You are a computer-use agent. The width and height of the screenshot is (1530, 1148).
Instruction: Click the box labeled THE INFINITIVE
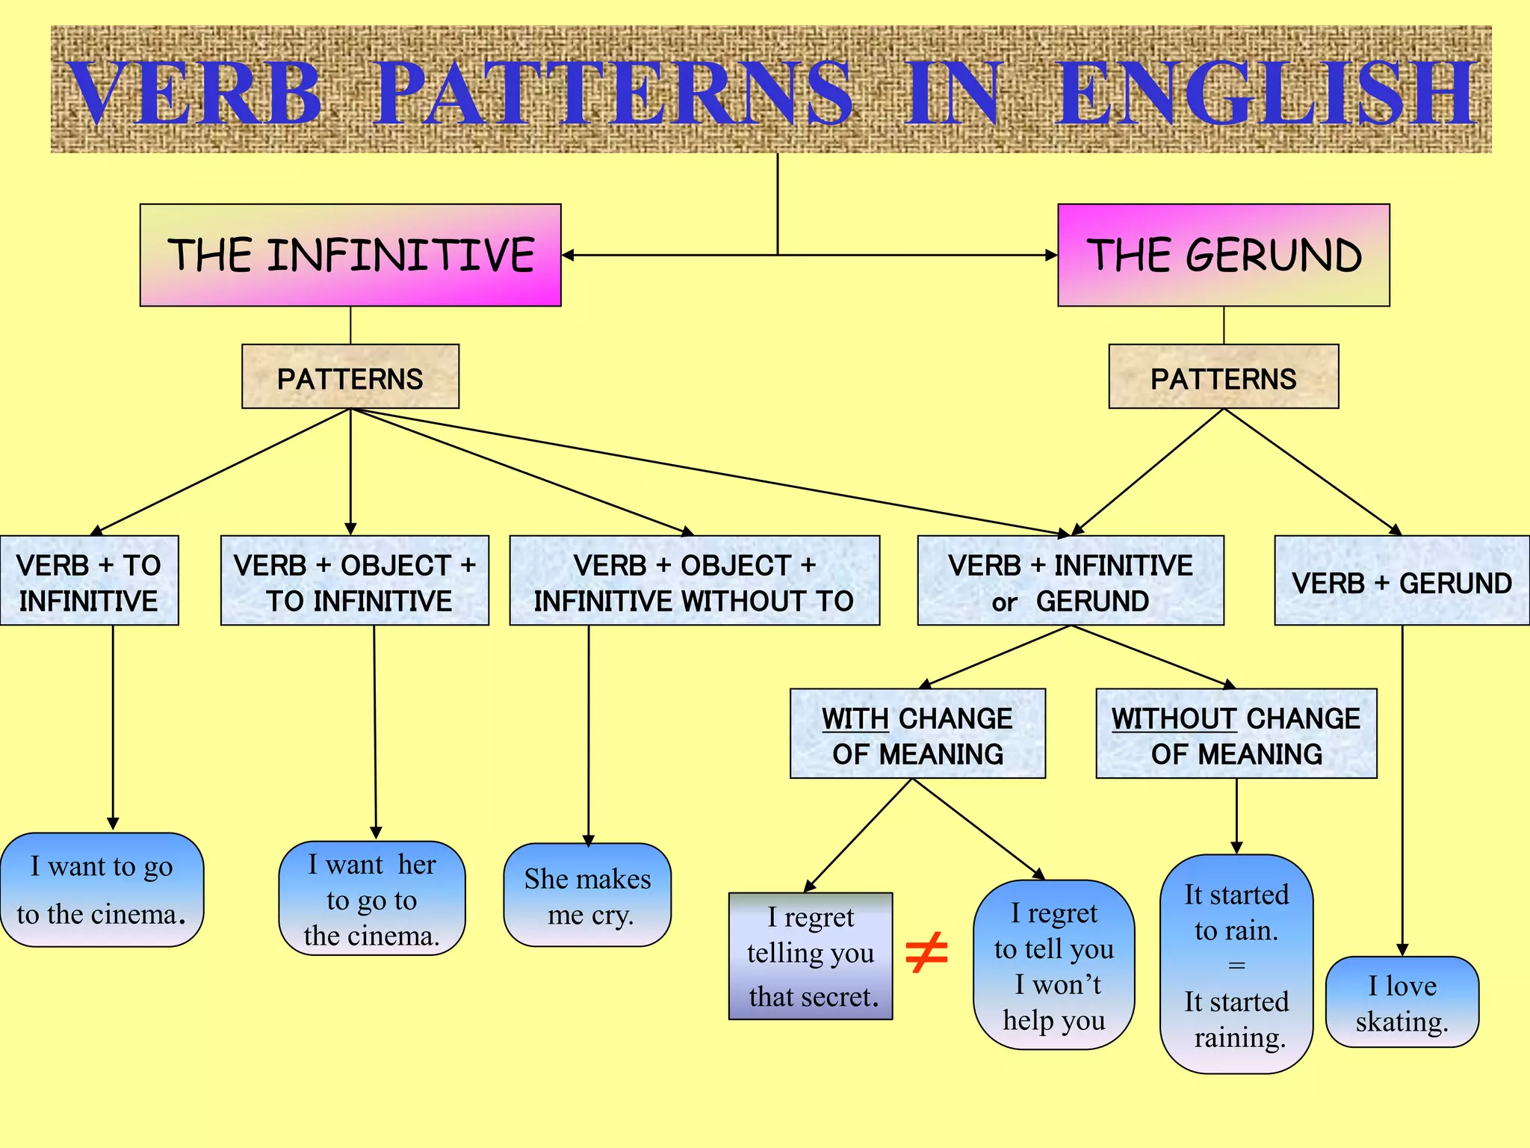click(350, 255)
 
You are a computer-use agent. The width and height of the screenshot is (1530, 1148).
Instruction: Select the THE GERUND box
click(1223, 255)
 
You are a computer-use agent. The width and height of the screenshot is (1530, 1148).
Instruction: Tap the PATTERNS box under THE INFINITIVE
click(350, 377)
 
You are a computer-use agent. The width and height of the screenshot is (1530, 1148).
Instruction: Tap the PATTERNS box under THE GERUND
click(1223, 377)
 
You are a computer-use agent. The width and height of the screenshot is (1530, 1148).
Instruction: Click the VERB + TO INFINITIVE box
click(89, 581)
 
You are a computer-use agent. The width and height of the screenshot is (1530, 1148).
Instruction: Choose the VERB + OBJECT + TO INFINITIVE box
click(355, 581)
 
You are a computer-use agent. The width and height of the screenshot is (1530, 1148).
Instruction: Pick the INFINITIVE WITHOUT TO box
click(694, 581)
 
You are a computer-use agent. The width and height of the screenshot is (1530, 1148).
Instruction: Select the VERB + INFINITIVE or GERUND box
click(1071, 581)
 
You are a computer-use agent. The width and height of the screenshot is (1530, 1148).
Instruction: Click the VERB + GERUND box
click(1402, 581)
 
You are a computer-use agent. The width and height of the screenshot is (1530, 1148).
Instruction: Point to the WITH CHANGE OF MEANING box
click(917, 734)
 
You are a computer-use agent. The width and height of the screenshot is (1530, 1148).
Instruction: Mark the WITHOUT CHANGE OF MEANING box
click(1236, 734)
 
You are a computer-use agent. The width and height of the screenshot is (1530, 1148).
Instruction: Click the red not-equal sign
click(926, 953)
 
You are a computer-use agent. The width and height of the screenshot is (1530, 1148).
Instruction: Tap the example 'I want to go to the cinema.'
click(102, 890)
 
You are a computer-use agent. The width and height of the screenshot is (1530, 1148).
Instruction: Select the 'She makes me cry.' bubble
click(588, 895)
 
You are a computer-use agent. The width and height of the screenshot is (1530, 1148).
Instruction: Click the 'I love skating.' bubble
click(1402, 1002)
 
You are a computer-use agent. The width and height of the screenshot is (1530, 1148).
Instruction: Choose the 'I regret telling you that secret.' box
click(811, 956)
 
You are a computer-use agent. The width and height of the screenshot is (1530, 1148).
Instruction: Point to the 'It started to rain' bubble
click(1236, 964)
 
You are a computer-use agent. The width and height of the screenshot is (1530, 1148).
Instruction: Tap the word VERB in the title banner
click(196, 94)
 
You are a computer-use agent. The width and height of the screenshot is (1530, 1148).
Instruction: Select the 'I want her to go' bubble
click(372, 898)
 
